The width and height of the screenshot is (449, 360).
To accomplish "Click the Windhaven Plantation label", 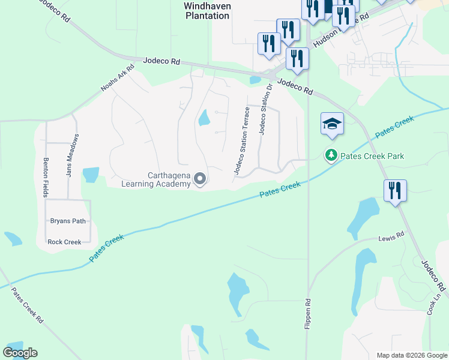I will click(x=206, y=10).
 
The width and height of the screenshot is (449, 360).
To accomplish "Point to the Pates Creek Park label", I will click(x=372, y=156).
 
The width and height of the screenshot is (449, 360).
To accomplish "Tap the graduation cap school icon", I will click(x=332, y=124).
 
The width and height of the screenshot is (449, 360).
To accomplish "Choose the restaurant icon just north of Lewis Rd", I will click(x=395, y=191).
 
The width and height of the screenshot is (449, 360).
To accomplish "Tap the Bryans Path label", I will click(x=68, y=221).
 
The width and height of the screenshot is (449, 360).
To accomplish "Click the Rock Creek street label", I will click(x=64, y=242).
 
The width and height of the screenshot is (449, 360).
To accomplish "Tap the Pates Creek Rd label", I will click(x=28, y=305).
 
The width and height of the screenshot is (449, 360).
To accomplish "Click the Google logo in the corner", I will click(x=20, y=353).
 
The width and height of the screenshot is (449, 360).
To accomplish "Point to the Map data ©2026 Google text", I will click(x=412, y=355).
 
